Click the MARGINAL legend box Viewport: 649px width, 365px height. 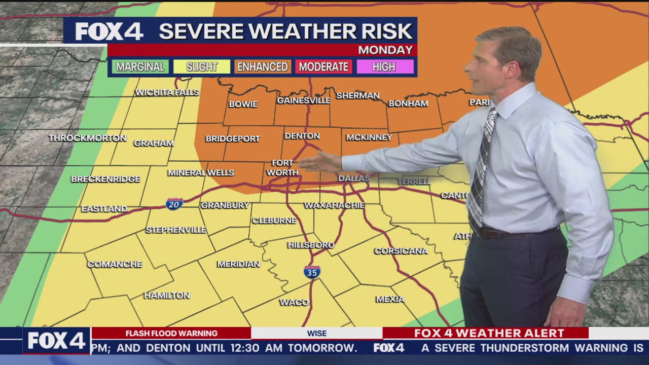tap(140, 67)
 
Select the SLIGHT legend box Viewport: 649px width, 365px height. tap(202, 67)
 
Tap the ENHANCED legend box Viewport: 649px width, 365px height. tap(263, 67)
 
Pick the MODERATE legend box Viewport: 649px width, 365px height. tap(323, 67)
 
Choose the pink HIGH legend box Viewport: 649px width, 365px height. tap(384, 67)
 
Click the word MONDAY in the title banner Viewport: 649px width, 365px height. tap(385, 50)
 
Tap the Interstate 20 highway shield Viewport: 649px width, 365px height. tap(174, 204)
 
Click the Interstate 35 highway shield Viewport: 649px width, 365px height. tap(312, 272)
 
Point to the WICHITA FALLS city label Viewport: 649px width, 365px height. tap(167, 92)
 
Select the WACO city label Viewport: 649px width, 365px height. tap(294, 302)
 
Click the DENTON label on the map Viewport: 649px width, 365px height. tap(302, 136)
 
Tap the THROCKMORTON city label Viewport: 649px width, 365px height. tap(88, 138)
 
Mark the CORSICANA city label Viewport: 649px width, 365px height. tap(401, 251)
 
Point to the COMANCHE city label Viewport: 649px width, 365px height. tap(115, 264)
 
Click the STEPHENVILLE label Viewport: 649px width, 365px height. tap(176, 230)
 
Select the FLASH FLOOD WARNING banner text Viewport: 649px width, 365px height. tap(171, 333)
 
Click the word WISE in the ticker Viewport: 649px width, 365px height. tap(316, 333)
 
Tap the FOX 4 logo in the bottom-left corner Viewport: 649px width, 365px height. tap(56, 341)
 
